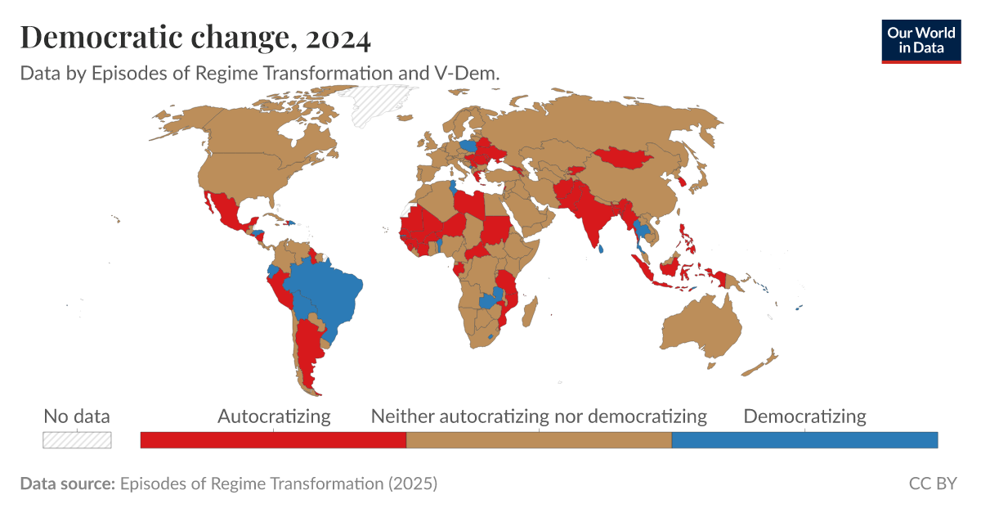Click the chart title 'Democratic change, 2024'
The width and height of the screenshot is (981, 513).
click(195, 37)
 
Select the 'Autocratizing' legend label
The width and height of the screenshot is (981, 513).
click(274, 416)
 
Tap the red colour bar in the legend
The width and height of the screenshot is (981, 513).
click(273, 440)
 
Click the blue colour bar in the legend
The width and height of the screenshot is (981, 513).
click(804, 440)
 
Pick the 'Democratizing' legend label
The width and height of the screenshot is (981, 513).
click(804, 416)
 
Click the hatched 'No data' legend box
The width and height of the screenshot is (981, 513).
click(77, 440)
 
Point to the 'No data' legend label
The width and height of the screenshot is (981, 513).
click(77, 416)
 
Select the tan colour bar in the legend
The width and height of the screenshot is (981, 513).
click(539, 440)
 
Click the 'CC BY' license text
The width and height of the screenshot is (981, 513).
click(932, 484)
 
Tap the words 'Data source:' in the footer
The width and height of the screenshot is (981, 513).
click(67, 484)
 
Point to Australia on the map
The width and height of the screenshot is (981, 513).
click(701, 327)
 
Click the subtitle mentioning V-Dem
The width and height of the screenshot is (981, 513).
click(260, 73)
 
